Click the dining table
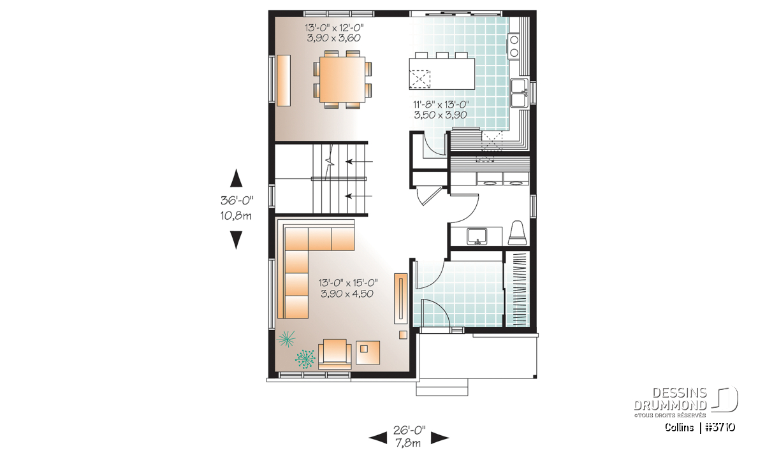click(x=342, y=80)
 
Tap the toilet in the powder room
click(x=517, y=233)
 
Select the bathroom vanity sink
click(x=477, y=236)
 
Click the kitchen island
click(x=442, y=74)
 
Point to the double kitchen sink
click(x=520, y=93)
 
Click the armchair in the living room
click(x=335, y=354)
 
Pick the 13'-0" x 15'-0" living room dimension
click(x=348, y=283)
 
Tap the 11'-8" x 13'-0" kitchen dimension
click(x=441, y=104)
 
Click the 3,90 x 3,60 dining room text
click(x=333, y=38)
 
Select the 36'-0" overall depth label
click(x=237, y=201)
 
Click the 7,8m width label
click(x=408, y=443)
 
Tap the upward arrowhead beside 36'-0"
click(x=236, y=178)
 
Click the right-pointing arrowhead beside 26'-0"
click(x=440, y=438)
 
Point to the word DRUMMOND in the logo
click(x=670, y=405)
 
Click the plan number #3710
click(x=720, y=428)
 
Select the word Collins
click(x=679, y=428)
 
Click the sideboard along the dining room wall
click(x=284, y=80)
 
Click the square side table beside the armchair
click(x=367, y=352)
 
